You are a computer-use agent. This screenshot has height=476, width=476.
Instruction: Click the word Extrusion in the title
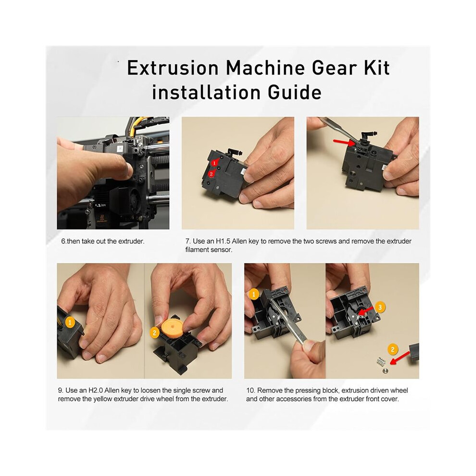173,68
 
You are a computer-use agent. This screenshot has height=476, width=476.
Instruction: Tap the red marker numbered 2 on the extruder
212,174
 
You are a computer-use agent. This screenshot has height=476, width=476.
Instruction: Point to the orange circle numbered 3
380,307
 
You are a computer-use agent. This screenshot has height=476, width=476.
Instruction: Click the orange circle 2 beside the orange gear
154,333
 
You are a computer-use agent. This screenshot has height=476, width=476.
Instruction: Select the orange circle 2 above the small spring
393,349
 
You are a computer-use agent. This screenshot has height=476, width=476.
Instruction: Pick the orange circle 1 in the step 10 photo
254,294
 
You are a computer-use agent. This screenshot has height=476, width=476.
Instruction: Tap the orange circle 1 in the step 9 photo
70,322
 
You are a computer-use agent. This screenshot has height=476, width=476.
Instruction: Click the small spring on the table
381,361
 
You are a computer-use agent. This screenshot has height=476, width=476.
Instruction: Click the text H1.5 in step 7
223,241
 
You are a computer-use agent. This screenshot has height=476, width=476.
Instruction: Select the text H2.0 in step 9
95,390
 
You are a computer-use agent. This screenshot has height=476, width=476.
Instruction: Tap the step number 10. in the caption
251,390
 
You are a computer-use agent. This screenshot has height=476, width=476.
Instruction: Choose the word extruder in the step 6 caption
131,241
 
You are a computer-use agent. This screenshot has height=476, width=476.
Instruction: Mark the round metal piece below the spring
386,370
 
